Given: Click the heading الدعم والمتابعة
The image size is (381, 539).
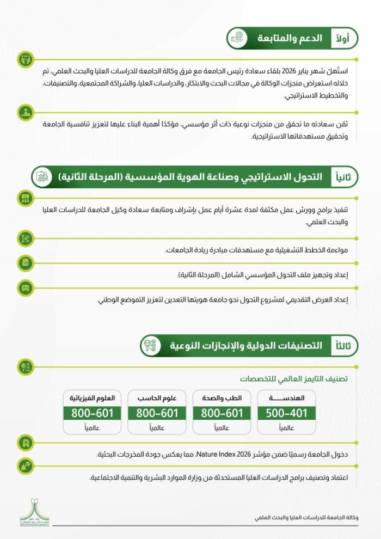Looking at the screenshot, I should (291, 39).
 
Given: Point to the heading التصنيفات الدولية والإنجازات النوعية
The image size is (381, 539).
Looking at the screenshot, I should (245, 346).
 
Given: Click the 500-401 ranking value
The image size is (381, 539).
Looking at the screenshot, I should (286, 413).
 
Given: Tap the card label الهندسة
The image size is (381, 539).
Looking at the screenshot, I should (286, 398).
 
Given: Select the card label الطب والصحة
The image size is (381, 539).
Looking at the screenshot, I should (222, 398).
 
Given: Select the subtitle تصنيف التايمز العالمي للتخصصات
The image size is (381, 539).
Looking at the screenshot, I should (294, 378).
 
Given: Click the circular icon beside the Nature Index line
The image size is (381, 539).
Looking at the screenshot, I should (24, 442).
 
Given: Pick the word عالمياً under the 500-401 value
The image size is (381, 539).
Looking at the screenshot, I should (286, 427).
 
